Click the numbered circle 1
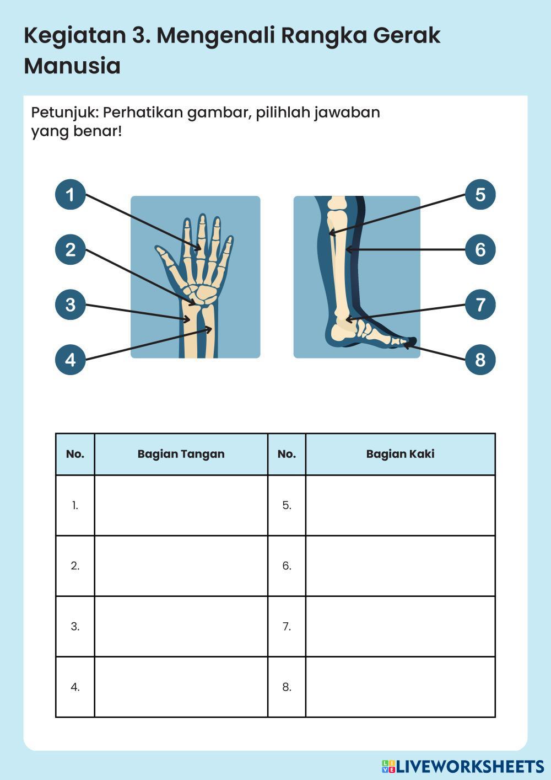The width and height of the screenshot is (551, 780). click(x=71, y=195)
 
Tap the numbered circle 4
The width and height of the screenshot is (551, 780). click(x=71, y=360)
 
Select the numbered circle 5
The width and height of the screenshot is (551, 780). click(x=480, y=195)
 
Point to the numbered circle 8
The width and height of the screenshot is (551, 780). click(x=480, y=360)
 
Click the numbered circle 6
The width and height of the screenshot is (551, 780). click(x=480, y=249)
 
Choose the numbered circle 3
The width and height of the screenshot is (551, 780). click(x=71, y=304)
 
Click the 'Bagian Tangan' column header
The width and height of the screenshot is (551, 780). click(x=181, y=454)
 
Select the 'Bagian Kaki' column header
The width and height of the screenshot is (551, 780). click(x=400, y=454)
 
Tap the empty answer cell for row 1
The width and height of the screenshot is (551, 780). click(x=181, y=505)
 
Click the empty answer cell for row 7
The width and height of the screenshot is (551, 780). click(x=400, y=627)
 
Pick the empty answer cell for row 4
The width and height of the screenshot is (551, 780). click(x=181, y=687)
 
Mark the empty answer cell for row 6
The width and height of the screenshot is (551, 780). click(x=400, y=566)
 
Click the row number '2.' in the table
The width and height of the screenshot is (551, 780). click(x=75, y=566)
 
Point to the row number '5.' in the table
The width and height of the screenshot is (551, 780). click(x=287, y=505)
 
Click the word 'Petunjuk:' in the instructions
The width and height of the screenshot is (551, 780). click(x=64, y=113)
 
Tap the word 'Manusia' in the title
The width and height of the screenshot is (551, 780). click(x=72, y=66)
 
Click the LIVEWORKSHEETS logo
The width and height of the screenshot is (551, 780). click(x=463, y=766)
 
